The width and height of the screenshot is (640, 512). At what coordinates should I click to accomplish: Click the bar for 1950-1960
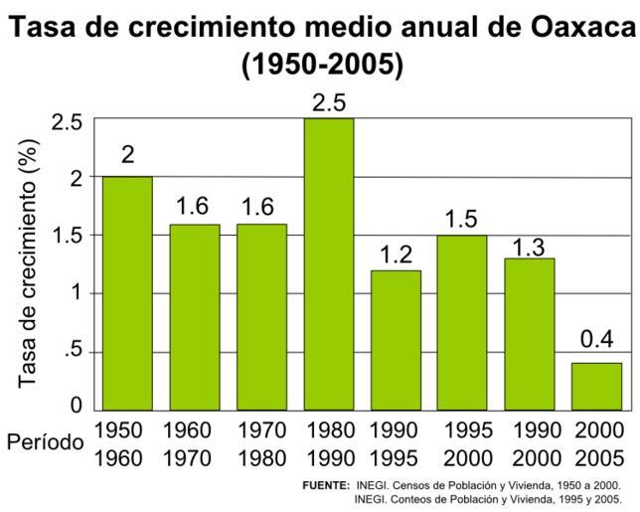point(126,293)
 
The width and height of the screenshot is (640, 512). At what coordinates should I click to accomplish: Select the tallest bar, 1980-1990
point(329,263)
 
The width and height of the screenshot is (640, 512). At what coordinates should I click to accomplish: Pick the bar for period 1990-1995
point(396,339)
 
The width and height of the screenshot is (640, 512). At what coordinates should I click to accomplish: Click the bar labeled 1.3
point(530,333)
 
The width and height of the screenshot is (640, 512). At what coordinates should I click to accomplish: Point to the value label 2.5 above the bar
point(329,103)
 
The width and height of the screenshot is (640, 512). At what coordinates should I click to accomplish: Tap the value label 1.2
point(396,254)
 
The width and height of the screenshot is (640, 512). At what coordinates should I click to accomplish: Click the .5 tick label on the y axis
point(72,353)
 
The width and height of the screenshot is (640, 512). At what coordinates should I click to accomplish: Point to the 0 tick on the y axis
point(76,406)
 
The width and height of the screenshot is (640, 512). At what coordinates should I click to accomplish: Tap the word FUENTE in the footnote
point(325,487)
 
